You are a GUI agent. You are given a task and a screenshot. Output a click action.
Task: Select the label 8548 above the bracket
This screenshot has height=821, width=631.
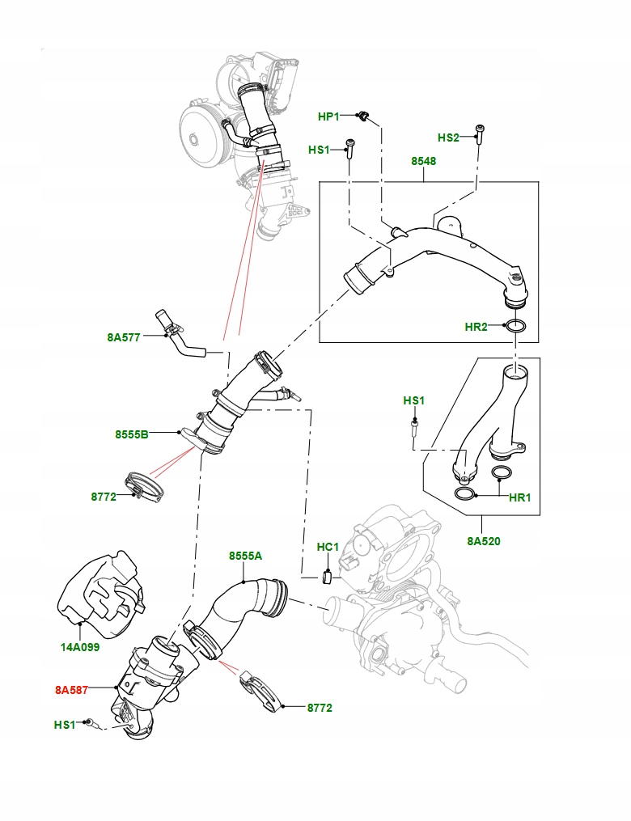(423, 161)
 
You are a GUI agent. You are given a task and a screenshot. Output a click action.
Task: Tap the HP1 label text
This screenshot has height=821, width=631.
(328, 117)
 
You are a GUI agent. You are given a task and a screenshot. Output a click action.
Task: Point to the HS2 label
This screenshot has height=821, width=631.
(449, 138)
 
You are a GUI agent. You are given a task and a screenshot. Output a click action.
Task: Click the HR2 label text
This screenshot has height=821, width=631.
(476, 327)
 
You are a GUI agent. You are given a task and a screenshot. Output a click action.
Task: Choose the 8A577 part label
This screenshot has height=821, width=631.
(124, 337)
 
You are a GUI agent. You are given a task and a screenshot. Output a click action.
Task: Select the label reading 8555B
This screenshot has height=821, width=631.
(132, 434)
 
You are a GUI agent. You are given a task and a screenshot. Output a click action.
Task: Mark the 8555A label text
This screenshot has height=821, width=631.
(245, 556)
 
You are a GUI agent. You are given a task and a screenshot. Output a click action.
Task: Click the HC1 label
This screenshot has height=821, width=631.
(328, 548)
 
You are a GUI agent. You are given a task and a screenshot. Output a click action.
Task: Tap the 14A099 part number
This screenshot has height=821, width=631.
(79, 647)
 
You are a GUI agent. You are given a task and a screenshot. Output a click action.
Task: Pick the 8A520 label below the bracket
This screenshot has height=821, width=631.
(483, 541)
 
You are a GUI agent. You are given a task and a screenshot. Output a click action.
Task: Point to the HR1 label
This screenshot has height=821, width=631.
(519, 497)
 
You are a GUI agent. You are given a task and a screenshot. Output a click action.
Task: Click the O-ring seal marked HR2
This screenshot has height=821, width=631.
(516, 327)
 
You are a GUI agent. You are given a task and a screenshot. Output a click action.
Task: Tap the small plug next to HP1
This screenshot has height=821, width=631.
(366, 118)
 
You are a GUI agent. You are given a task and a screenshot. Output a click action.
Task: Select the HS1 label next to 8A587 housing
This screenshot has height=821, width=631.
(66, 725)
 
